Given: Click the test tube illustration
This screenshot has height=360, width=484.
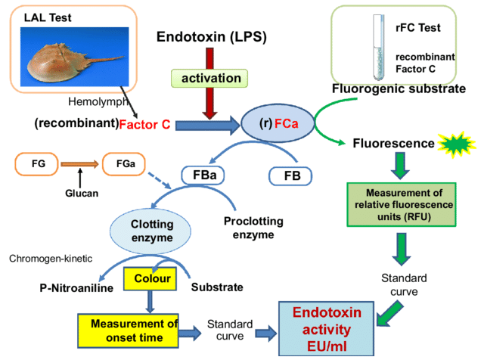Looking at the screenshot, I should (377, 50).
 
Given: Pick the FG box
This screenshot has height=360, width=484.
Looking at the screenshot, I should (38, 162).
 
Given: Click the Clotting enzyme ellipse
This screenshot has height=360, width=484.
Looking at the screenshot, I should (152, 230).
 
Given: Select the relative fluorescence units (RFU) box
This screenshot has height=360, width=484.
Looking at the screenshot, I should (399, 204).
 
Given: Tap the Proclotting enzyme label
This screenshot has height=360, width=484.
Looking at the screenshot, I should (253, 228).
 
